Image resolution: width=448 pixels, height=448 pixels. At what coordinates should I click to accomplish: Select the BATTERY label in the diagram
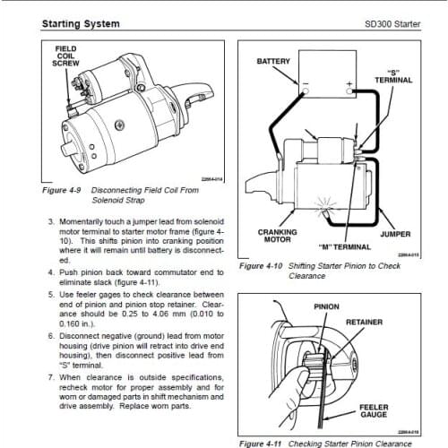click(x=273, y=62)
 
